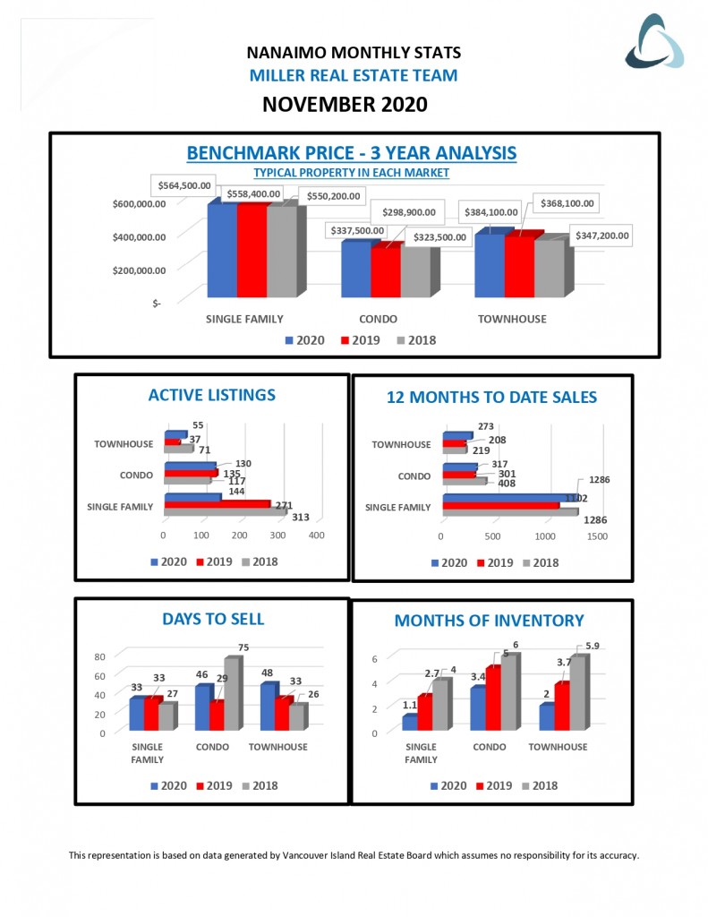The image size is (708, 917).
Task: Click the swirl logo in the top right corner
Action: pyautogui.click(x=654, y=42)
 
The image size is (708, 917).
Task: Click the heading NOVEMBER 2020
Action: pyautogui.click(x=345, y=105)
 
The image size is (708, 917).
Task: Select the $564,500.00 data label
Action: pyautogui.click(x=186, y=185)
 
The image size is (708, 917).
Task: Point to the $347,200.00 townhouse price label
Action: pyautogui.click(x=596, y=236)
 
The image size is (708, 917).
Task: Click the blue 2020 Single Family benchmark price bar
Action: pyautogui.click(x=222, y=251)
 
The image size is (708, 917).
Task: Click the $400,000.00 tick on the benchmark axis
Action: pyautogui.click(x=141, y=236)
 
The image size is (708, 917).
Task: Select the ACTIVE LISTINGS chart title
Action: pyautogui.click(x=212, y=395)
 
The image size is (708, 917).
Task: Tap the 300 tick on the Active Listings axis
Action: pyautogui.click(x=278, y=535)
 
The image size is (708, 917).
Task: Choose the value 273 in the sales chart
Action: pyautogui.click(x=486, y=426)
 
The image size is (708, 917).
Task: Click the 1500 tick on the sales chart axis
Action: pyautogui.click(x=597, y=536)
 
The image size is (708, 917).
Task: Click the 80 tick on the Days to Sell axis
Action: pyautogui.click(x=100, y=656)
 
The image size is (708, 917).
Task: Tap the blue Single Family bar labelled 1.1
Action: pyautogui.click(x=408, y=722)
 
